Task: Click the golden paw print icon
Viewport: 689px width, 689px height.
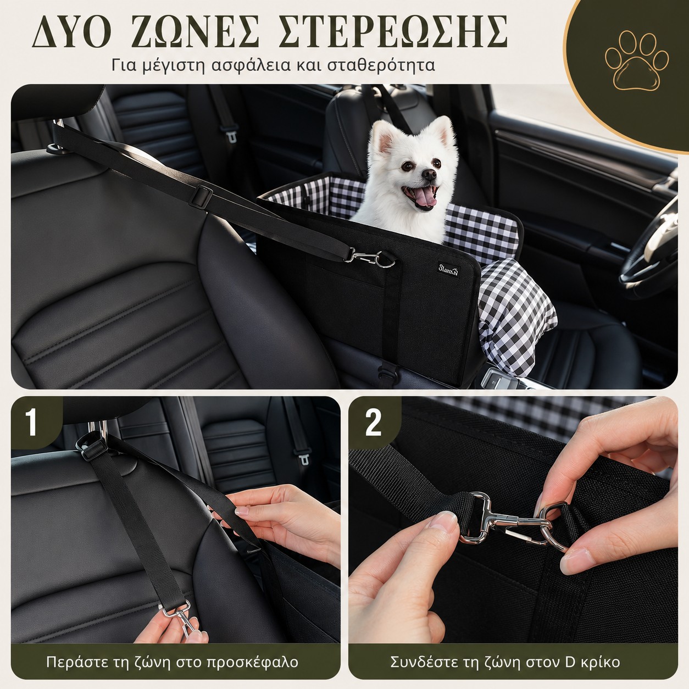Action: coord(636,60)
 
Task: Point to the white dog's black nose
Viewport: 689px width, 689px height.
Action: coord(429,174)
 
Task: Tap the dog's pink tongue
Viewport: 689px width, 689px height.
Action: coord(427,198)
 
